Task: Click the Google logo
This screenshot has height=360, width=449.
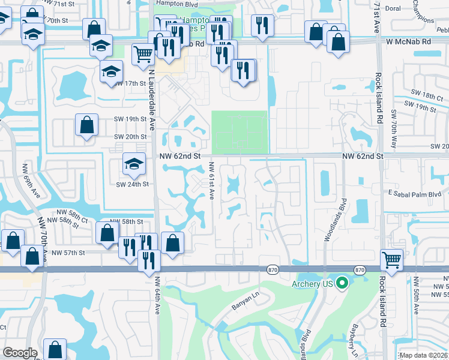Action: pyautogui.click(x=20, y=353)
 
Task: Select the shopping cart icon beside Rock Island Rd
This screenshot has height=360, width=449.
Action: pyautogui.click(x=391, y=260)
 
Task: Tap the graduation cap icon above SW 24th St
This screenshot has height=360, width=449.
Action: pyautogui.click(x=133, y=163)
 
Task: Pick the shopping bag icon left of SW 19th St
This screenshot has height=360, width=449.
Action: pyautogui.click(x=87, y=125)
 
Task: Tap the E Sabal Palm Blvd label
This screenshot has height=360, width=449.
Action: pyautogui.click(x=414, y=194)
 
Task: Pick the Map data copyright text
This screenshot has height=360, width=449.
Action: pyautogui.click(x=424, y=355)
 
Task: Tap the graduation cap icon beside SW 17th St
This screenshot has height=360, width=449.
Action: pyautogui.click(x=110, y=72)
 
